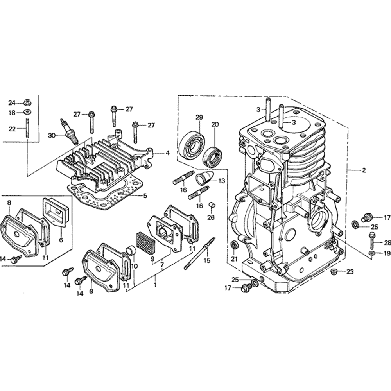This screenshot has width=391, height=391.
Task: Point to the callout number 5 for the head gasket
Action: tap(145, 196)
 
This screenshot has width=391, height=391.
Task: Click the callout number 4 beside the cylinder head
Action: tap(168, 153)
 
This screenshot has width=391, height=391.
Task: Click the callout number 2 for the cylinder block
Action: tap(364, 170)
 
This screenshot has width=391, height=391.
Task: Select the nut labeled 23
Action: tap(333, 271)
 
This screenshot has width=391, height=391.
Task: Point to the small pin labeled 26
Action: tap(212, 206)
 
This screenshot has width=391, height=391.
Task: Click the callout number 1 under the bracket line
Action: tap(155, 285)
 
